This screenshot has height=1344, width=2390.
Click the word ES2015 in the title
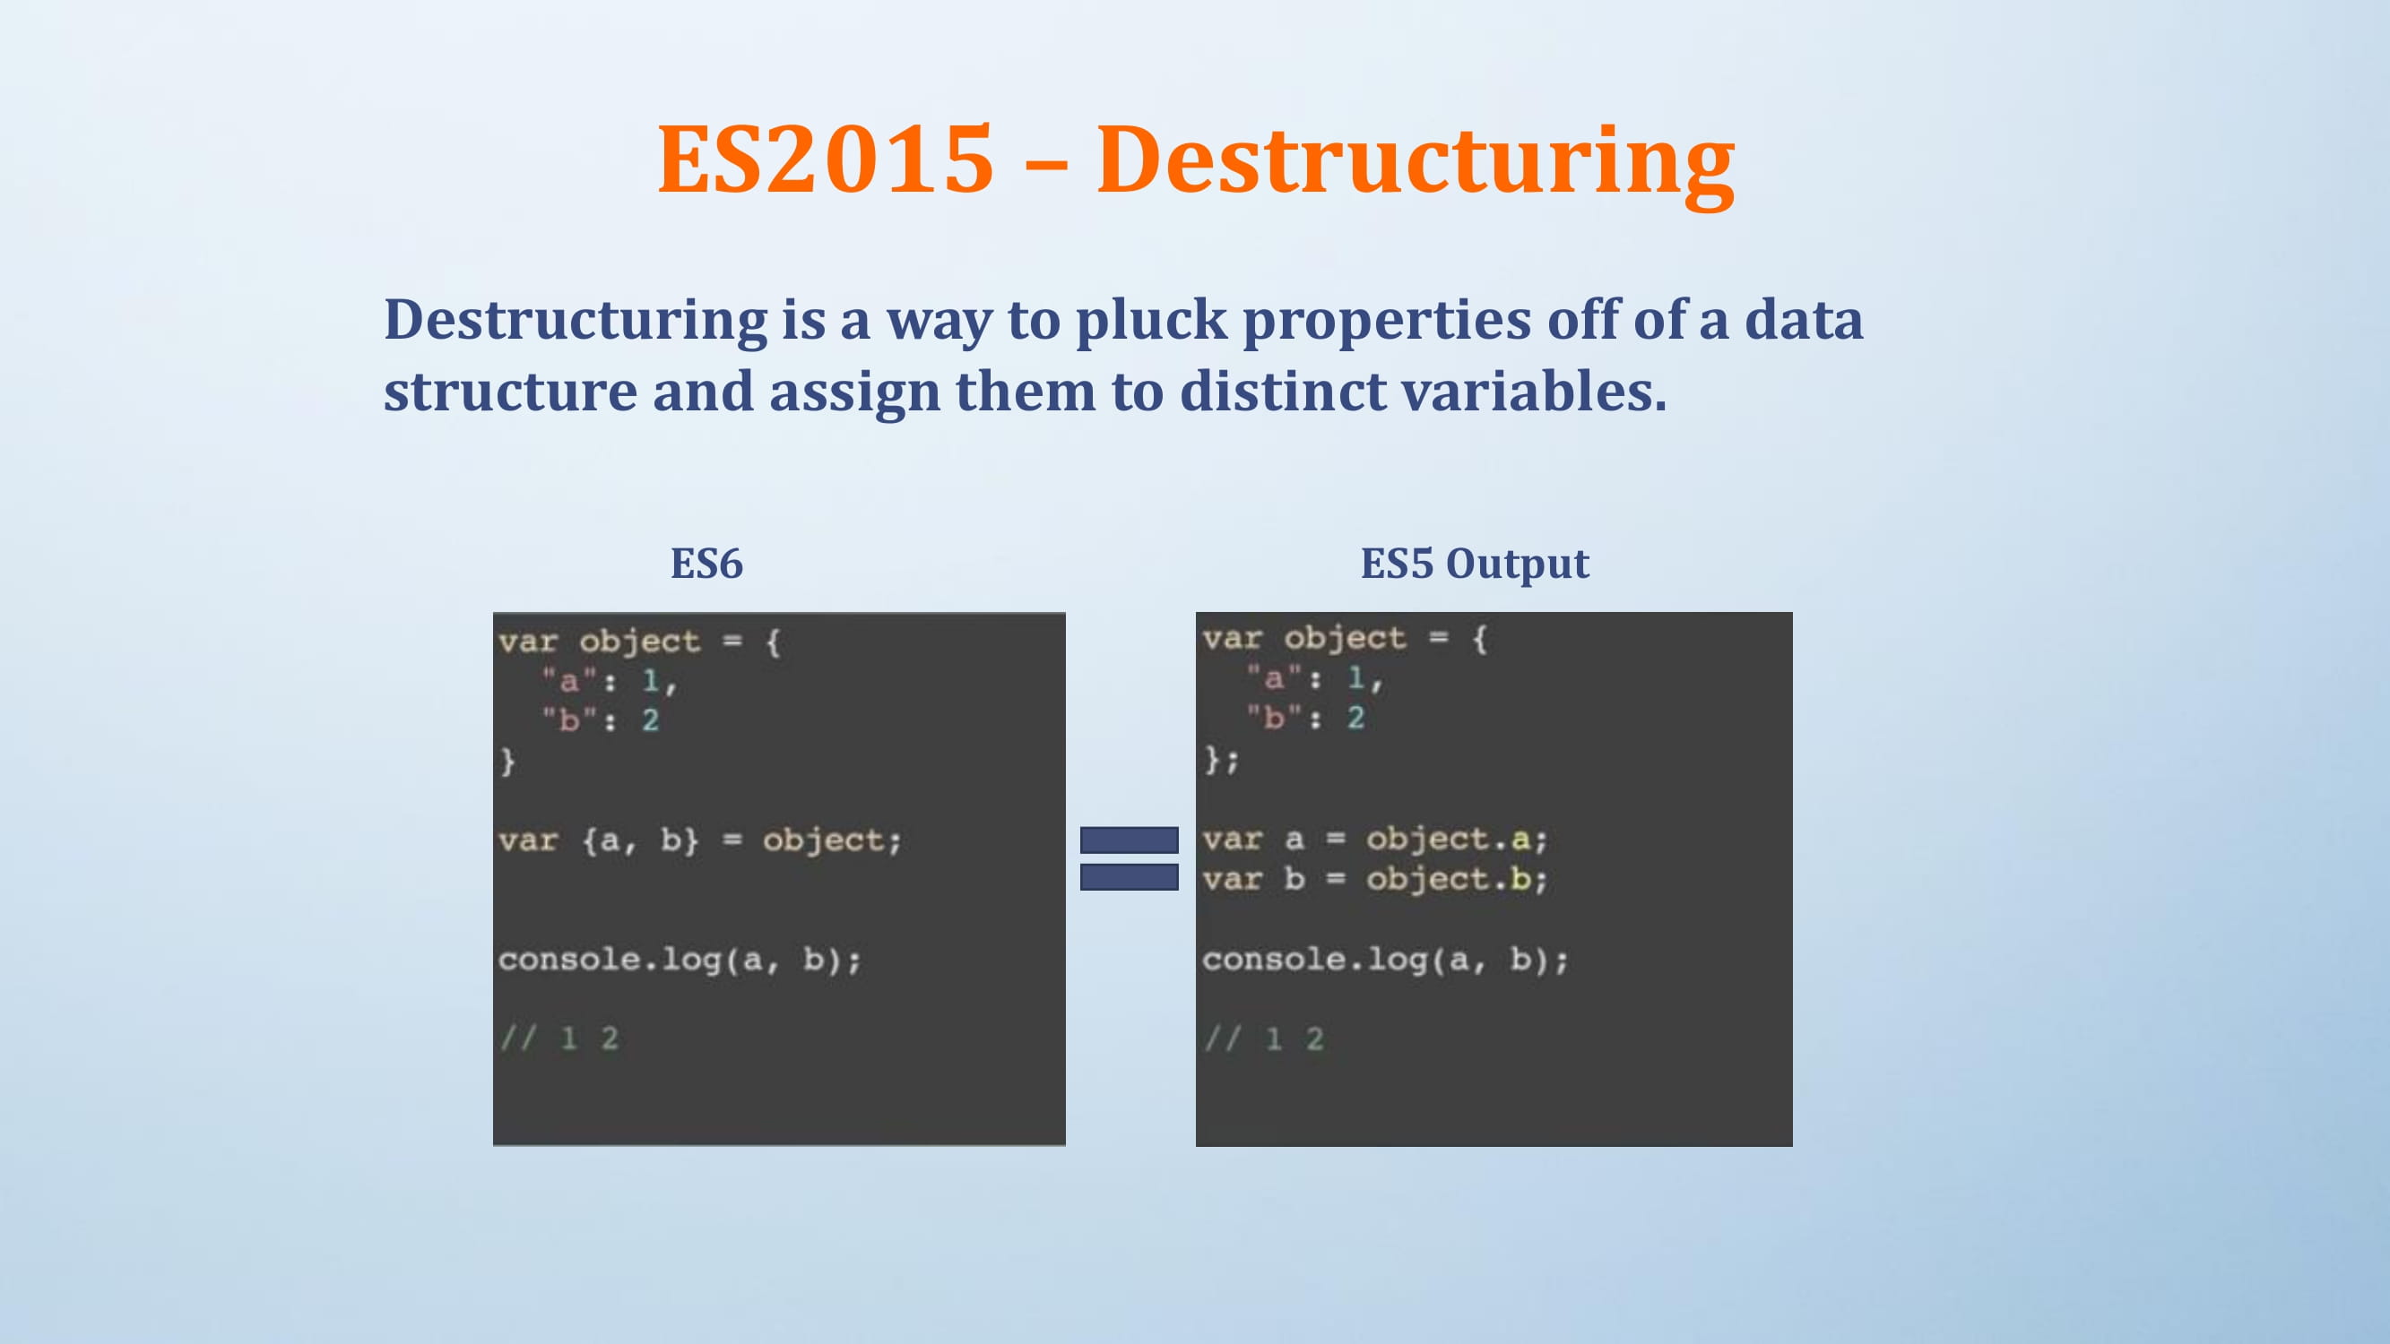825,159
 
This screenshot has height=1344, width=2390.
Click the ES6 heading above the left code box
707,564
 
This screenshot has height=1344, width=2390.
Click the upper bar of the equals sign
1130,840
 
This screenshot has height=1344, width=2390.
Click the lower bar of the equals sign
1130,876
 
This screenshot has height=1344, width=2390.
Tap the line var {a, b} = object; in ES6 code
699,841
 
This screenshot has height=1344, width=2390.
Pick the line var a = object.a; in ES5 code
1375,840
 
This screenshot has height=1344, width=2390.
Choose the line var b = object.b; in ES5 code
1375,879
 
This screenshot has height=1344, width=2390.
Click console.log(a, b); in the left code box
680,959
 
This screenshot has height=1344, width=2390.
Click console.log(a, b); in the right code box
1385,959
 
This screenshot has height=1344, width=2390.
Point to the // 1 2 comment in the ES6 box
559,1038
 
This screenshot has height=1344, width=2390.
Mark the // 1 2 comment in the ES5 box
1264,1038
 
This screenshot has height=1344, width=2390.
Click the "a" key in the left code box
567,680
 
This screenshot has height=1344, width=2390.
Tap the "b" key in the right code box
1274,716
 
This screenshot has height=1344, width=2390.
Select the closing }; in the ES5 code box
1221,760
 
